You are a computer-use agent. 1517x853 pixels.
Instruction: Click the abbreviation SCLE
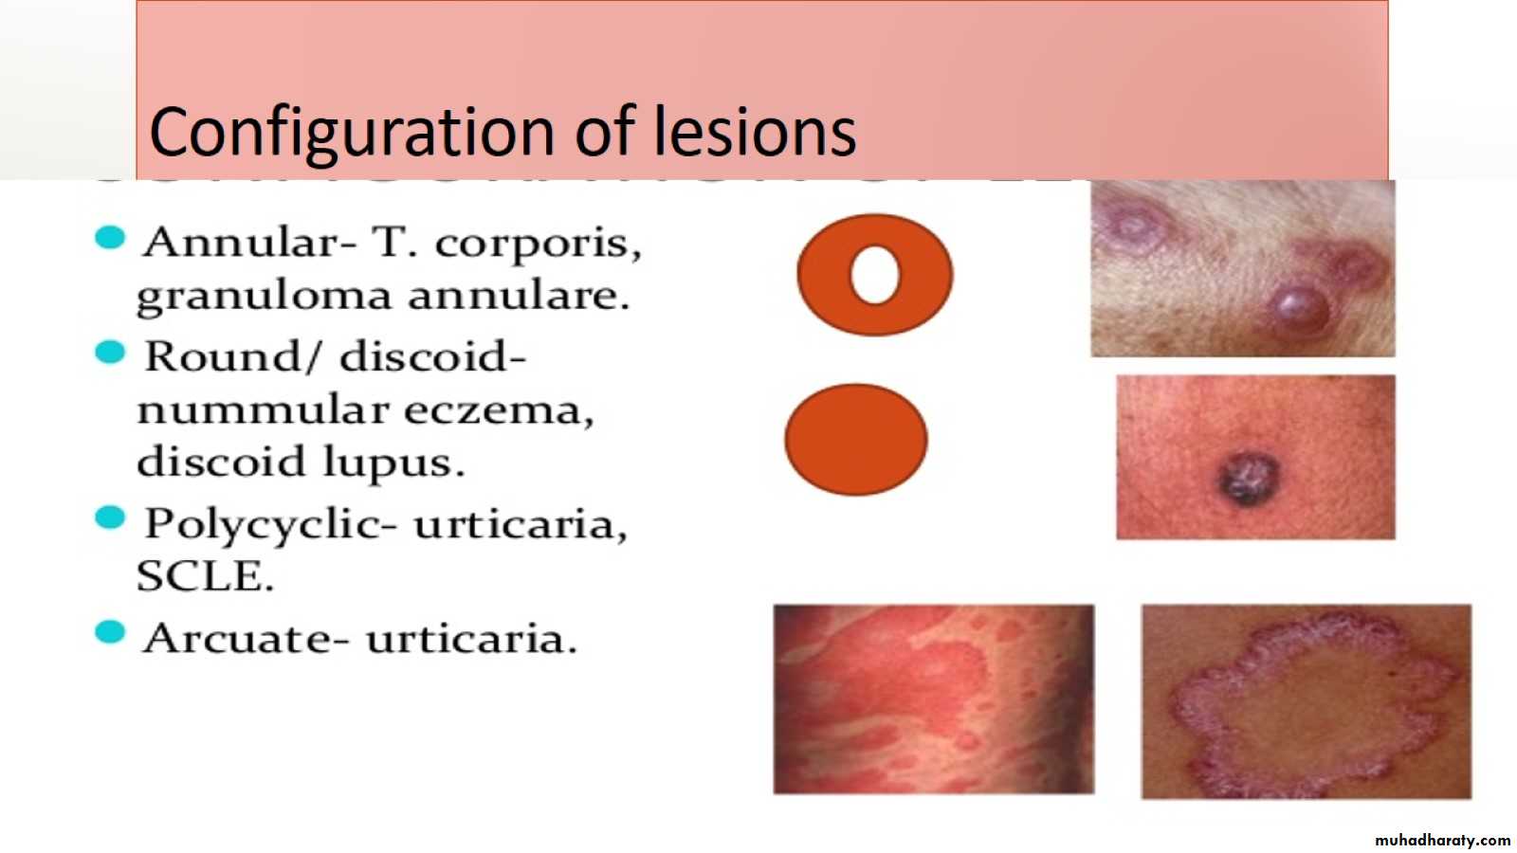[x=205, y=577]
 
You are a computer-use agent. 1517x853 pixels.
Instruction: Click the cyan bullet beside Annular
[x=110, y=238]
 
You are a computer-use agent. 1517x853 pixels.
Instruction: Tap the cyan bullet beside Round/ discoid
[x=110, y=352]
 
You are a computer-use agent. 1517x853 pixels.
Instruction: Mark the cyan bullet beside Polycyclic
[x=110, y=517]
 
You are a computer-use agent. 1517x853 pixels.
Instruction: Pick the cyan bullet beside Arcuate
[x=110, y=632]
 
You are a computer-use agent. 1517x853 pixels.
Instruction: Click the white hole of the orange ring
[x=875, y=274]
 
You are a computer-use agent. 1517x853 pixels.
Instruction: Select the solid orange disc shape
[x=856, y=440]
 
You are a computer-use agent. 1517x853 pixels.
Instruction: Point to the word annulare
[x=519, y=297]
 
